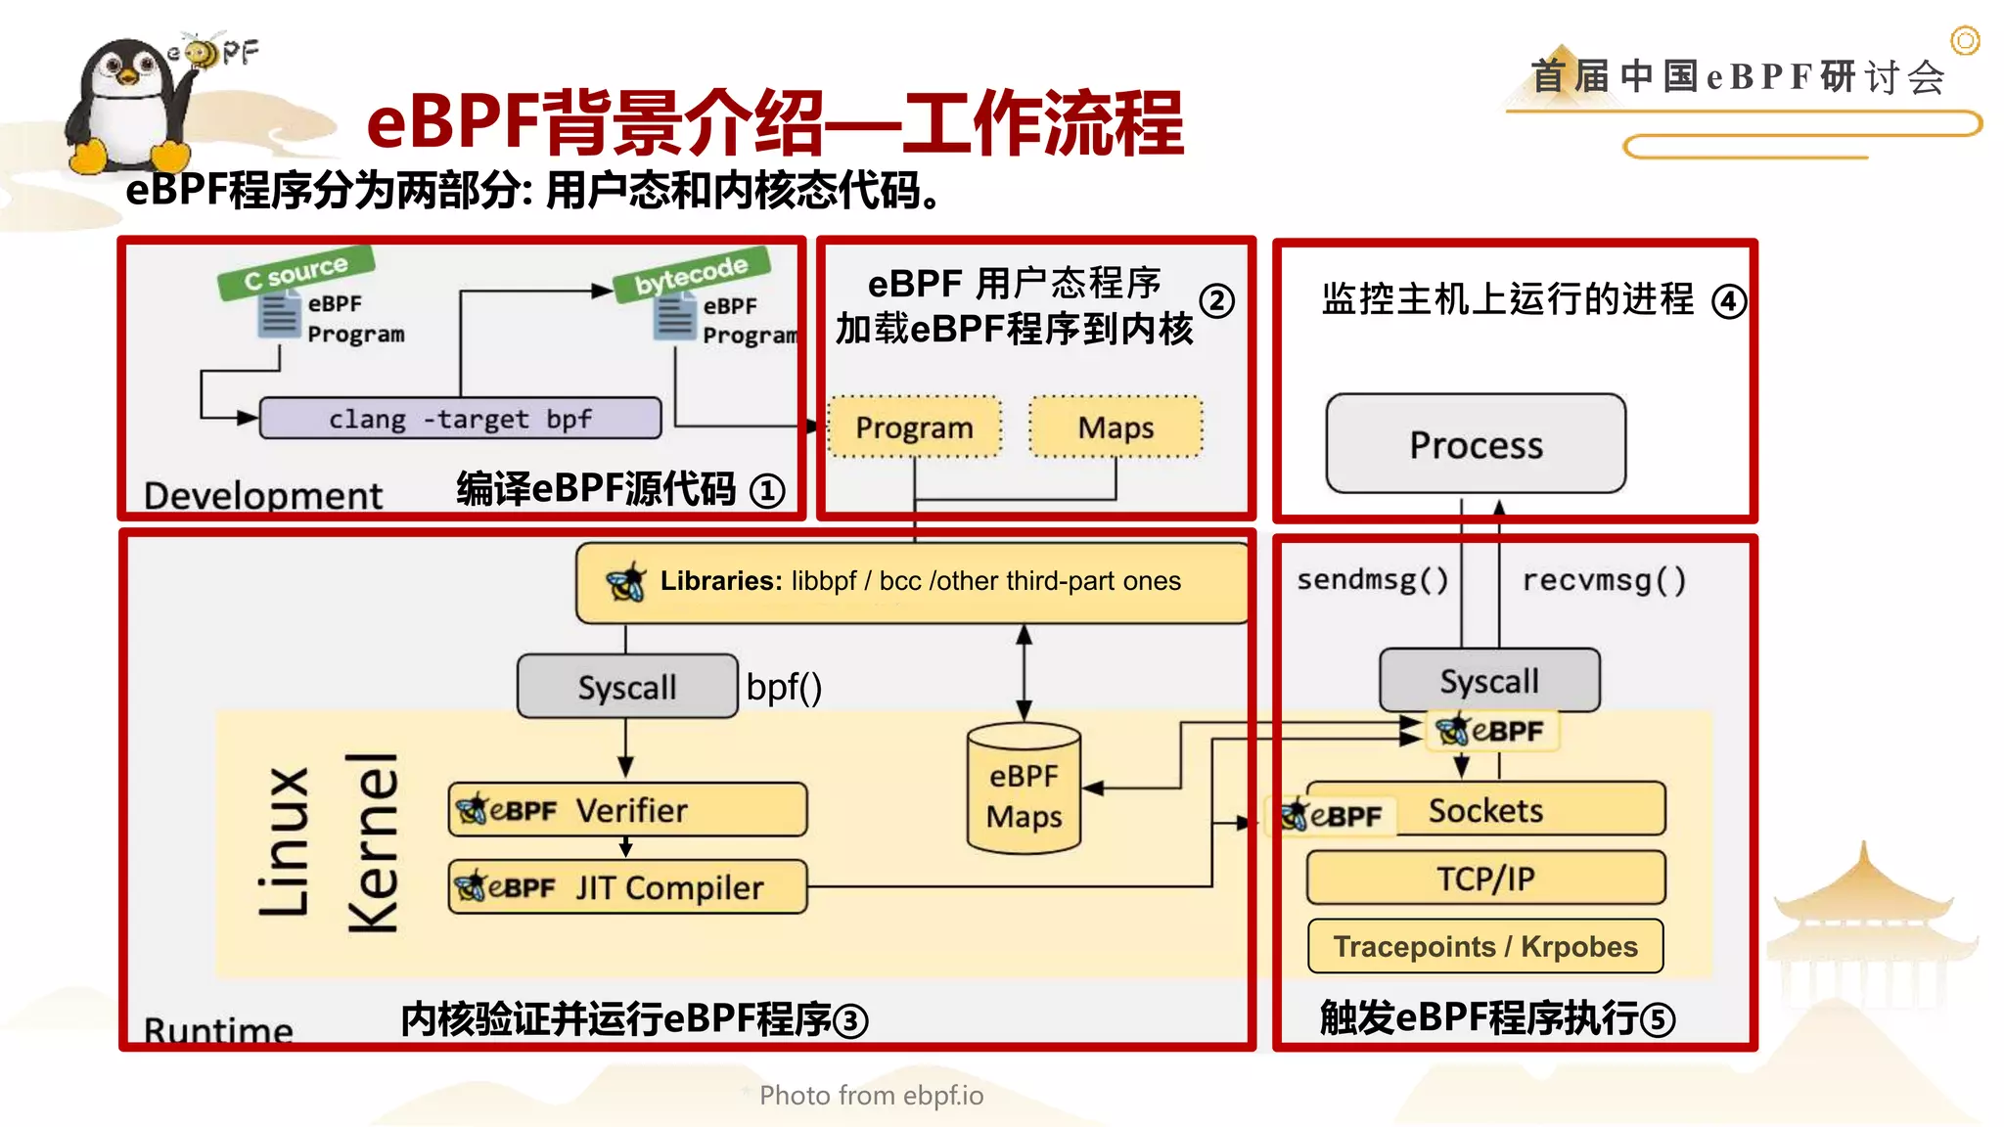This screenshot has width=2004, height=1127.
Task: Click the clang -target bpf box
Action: [x=460, y=419]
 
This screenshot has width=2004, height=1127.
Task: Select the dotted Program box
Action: [x=914, y=428]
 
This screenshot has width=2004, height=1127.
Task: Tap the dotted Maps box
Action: [x=1116, y=428]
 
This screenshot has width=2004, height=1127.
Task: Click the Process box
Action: [x=1476, y=445]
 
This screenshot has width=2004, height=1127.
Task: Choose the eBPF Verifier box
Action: [x=627, y=810]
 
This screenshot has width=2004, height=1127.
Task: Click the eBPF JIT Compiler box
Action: [x=627, y=887]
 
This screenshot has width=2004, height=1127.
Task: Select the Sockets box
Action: [x=1485, y=810]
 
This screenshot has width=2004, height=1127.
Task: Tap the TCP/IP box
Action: [x=1485, y=879]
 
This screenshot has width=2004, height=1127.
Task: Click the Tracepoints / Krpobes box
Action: [x=1485, y=946]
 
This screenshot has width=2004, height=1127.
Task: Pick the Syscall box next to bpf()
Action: [x=626, y=687]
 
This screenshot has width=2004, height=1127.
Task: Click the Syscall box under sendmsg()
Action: [x=1489, y=681]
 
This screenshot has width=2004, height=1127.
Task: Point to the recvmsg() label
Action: [x=1604, y=580]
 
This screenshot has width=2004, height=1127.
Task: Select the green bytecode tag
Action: [x=691, y=274]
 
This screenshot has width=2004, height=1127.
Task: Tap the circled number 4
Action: [x=1728, y=300]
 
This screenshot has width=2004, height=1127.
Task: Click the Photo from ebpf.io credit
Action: [x=871, y=1095]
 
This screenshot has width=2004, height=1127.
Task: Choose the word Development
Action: [x=262, y=496]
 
